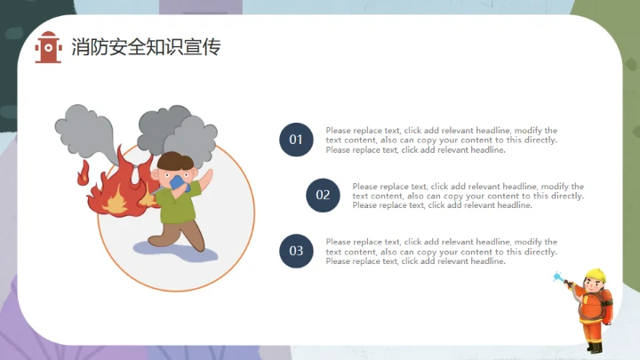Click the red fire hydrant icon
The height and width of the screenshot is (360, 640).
(48, 47)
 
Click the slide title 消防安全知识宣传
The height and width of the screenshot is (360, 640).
(146, 47)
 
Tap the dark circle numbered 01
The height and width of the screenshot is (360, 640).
(296, 140)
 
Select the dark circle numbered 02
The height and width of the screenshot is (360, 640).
(323, 196)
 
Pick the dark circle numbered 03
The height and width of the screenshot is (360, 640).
(296, 252)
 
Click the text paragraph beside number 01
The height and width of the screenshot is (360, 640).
(442, 140)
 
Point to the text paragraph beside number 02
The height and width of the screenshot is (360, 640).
(468, 196)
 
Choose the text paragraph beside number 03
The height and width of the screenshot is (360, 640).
(442, 252)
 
